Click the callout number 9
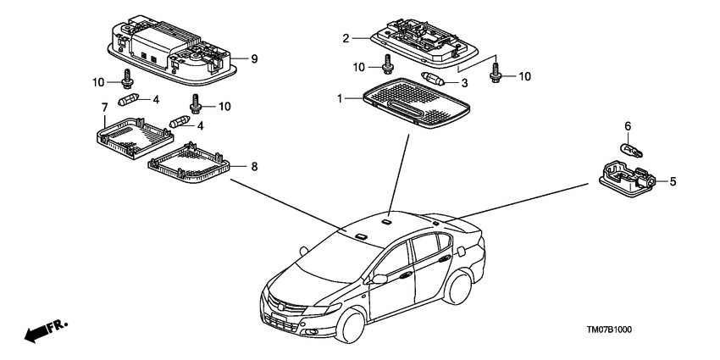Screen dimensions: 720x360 254,58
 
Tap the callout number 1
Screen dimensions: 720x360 341,98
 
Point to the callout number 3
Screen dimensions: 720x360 464,83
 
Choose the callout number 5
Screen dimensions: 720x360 673,182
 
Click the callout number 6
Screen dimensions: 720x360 628,125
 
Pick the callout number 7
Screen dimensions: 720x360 104,108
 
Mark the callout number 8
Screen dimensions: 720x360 254,167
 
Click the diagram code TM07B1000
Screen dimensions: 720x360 608,330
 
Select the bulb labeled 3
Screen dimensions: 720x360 433,80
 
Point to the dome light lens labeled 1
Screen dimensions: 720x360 417,102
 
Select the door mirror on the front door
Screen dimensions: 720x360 379,279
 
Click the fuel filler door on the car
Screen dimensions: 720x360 460,252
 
